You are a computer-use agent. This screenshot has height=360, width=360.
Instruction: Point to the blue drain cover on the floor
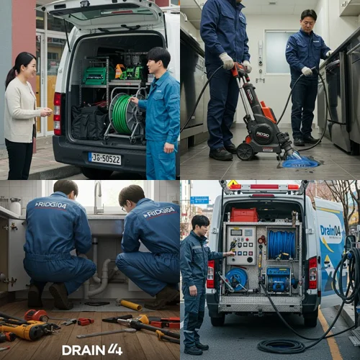point(300,162)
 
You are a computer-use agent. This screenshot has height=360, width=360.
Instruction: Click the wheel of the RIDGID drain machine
point(246,150)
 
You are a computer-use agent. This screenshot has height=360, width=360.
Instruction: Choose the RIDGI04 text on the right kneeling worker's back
point(158,212)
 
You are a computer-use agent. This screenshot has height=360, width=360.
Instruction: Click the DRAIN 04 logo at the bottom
point(92,350)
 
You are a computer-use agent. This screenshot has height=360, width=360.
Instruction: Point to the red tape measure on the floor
point(35,315)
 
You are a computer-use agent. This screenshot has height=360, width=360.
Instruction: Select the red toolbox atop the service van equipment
point(244,214)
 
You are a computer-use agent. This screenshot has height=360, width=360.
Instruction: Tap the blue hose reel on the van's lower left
point(236,278)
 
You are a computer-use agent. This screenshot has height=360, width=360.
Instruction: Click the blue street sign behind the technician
point(199,199)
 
